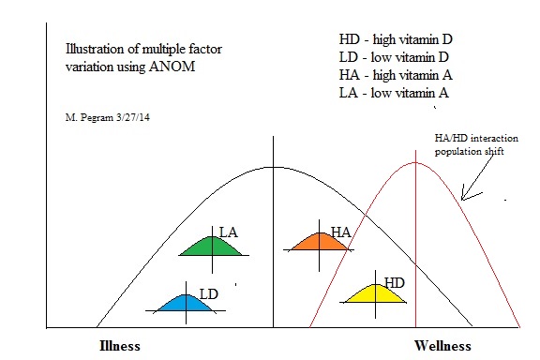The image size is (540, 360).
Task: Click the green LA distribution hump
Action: tap(212, 248)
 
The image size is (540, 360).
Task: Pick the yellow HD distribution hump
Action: tap(375, 295)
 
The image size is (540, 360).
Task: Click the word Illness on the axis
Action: tap(120, 345)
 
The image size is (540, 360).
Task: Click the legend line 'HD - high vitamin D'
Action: tap(396, 39)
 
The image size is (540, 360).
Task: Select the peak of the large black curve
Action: tap(272, 167)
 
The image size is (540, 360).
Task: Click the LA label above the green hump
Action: tap(228, 231)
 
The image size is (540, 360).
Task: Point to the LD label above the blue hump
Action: tap(208, 293)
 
